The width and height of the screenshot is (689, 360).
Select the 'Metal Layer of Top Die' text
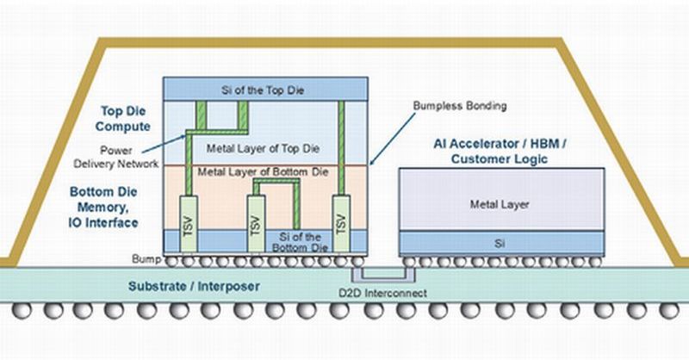pyautogui.click(x=264, y=148)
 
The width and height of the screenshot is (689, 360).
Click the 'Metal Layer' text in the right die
pyautogui.click(x=499, y=204)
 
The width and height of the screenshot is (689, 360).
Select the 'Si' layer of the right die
pyautogui.click(x=499, y=242)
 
